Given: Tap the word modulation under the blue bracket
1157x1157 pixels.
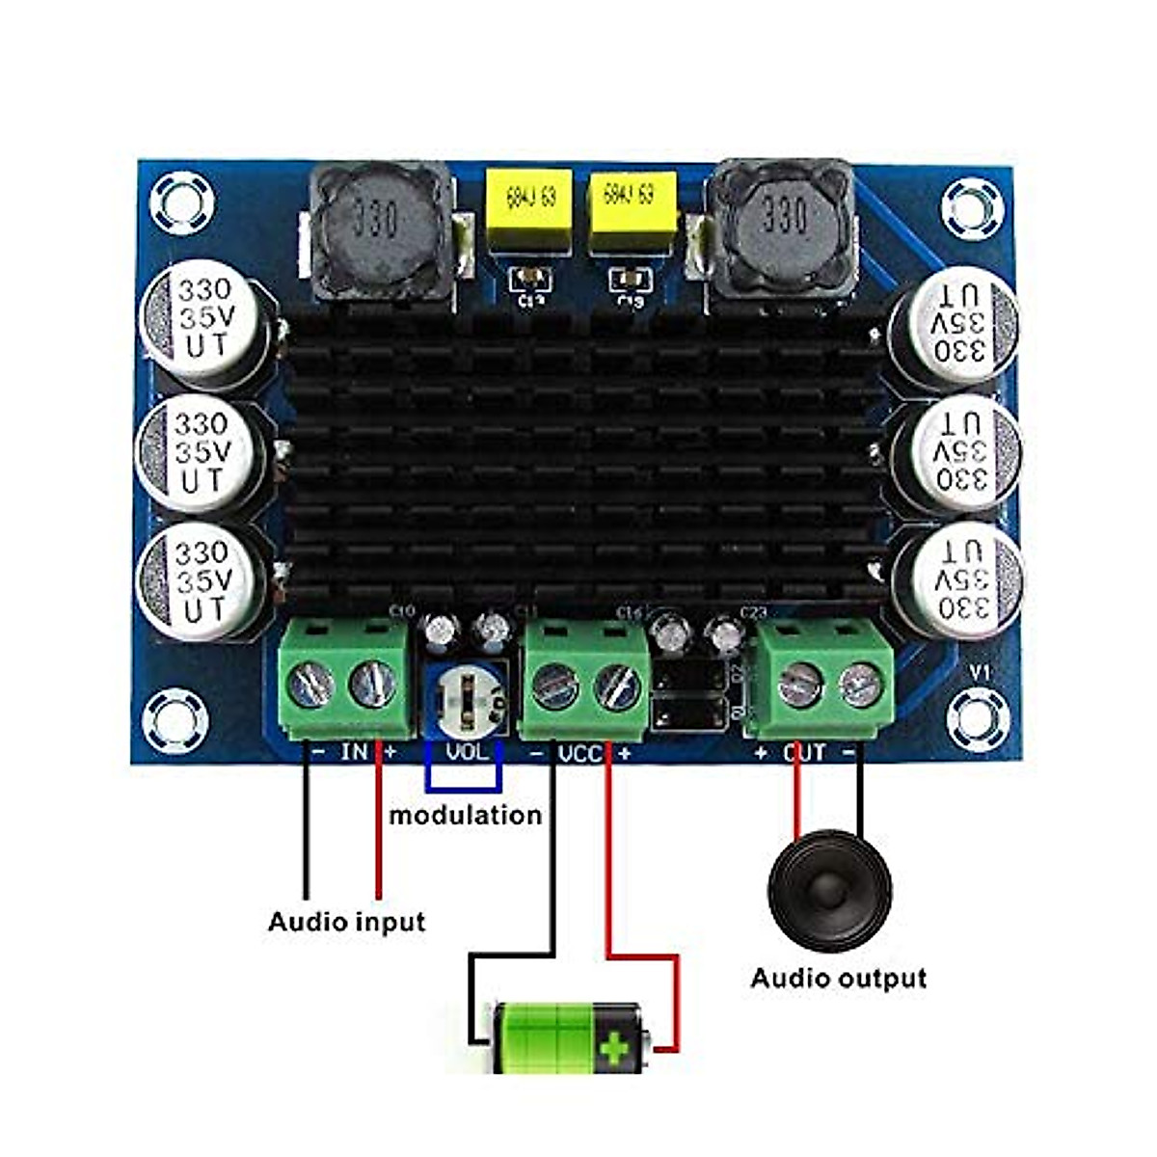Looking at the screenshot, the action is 465,816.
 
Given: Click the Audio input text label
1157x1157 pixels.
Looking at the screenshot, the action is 346,922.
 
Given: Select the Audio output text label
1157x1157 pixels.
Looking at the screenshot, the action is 838,979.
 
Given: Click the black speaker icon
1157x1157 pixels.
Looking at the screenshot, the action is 829,889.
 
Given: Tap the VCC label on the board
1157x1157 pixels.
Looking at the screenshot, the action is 581,753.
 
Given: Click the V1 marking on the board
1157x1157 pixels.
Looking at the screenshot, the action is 981,674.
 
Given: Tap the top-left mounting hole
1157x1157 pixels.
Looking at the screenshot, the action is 180,203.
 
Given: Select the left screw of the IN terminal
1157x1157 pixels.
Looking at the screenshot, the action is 310,685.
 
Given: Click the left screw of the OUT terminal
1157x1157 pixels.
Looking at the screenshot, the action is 798,686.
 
